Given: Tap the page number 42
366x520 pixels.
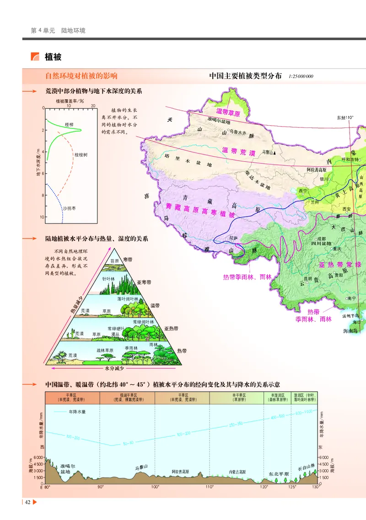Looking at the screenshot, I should (27, 502).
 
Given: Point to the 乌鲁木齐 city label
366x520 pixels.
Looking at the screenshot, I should (241, 132).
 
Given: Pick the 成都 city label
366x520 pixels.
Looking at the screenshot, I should (321, 239).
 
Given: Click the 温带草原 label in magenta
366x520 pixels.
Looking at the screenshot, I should (228, 112).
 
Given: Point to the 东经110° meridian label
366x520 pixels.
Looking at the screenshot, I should (345, 117).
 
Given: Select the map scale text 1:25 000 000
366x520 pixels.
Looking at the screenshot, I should (301, 76).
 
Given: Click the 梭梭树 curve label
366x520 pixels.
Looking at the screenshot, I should (81, 155).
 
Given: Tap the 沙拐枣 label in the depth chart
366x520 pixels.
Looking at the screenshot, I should (70, 208).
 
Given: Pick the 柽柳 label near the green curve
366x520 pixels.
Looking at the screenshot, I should (69, 124).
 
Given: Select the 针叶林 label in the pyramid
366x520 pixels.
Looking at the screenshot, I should (108, 278).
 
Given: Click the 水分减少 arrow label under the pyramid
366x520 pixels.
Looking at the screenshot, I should (114, 368).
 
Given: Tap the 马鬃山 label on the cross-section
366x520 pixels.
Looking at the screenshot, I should (142, 467).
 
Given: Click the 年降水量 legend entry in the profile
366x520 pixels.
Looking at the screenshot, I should (77, 411).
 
